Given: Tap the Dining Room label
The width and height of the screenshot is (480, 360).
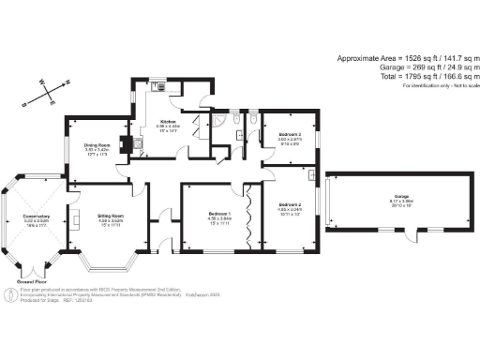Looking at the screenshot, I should tap(98, 145).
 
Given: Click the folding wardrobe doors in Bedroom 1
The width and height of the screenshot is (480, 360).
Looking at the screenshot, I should tap(250, 215).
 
